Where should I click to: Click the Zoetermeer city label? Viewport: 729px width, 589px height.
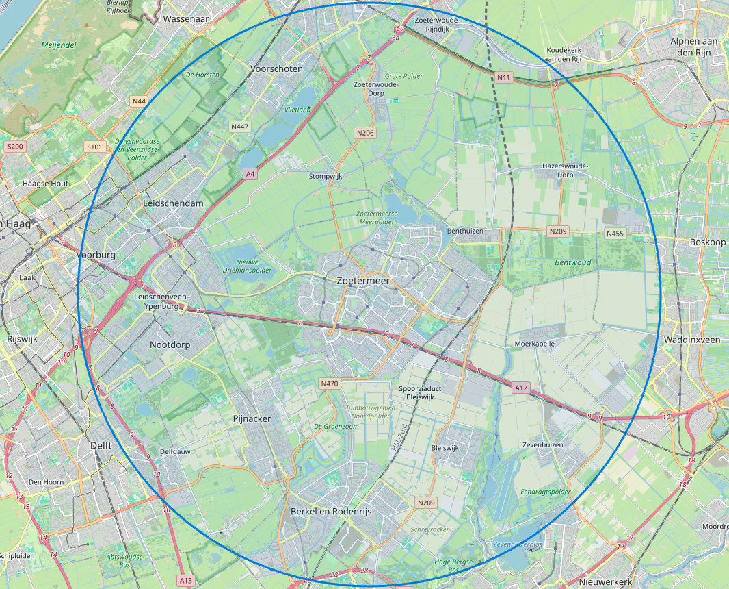362,281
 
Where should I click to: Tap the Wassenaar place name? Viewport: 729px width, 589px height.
185,19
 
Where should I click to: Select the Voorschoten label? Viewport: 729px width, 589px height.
276,69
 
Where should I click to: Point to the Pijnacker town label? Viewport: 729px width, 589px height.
252,418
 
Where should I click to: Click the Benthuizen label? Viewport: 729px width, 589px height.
465,231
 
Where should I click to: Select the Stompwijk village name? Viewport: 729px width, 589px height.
325,176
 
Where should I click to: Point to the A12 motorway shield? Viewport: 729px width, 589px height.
521,388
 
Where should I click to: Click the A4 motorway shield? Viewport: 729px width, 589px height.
251,174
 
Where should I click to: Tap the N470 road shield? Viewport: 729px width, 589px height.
329,384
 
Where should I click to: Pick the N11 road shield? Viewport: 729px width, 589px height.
504,77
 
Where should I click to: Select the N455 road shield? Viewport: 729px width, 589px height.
615,234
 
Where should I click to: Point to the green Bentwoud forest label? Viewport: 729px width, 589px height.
573,262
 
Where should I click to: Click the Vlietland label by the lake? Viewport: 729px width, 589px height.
297,109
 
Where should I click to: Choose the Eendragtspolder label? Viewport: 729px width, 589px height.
545,492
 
